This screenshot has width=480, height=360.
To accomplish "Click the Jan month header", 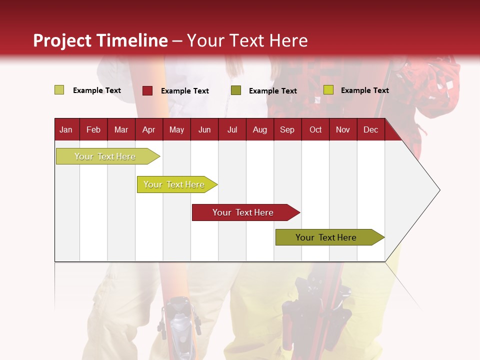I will coord(66,129).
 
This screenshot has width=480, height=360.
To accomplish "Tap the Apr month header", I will coord(148,129).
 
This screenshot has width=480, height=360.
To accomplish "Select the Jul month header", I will coord(232,129).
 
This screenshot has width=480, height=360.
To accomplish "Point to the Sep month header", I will coord(287,129).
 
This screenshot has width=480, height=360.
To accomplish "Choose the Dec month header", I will coord(370,129).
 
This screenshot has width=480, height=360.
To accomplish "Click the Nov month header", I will coord(342,129).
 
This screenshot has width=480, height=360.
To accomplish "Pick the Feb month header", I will coord(93,129).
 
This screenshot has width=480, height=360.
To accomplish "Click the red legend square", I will coord(147,90).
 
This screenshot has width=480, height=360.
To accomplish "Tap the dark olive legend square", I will coord(236,90).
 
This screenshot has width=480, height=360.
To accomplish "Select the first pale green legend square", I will coord(59,90).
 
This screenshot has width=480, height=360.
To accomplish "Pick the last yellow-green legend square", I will coord(328,90).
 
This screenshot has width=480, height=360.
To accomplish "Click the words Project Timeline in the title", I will coord(100,40).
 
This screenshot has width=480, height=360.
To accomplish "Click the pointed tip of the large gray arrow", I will coord(438,190).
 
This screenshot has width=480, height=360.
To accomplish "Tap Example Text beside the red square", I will coord(185,91).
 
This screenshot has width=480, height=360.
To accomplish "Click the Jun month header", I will coord(204,129).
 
